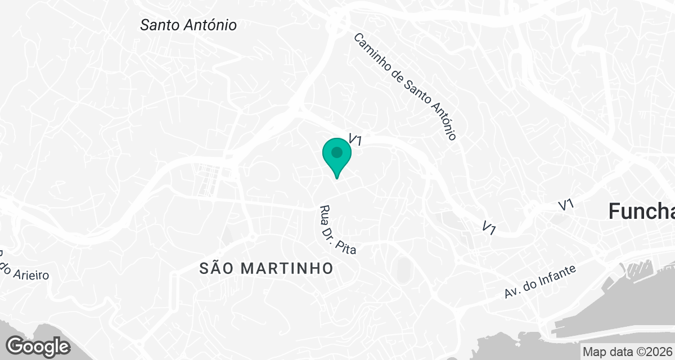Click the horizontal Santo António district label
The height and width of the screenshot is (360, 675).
pyautogui.click(x=188, y=25)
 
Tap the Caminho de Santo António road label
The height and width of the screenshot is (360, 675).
pyautogui.click(x=405, y=86)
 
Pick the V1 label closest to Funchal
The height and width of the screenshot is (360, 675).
pyautogui.click(x=566, y=205)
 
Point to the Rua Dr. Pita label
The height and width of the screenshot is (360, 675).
pyautogui.click(x=338, y=231)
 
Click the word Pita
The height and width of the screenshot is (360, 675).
pyautogui.click(x=348, y=246)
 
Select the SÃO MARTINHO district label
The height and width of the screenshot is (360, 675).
pyautogui.click(x=267, y=269)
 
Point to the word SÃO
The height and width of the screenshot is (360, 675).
pyautogui.click(x=214, y=269)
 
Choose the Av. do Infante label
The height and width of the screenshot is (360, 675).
pyautogui.click(x=541, y=282)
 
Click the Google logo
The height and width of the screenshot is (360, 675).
pyautogui.click(x=38, y=346)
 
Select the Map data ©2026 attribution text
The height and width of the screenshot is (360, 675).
pyautogui.click(x=627, y=352)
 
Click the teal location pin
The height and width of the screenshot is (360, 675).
pyautogui.click(x=337, y=157)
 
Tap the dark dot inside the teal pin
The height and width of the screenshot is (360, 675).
pyautogui.click(x=337, y=152)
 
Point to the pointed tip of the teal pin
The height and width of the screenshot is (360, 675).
pyautogui.click(x=337, y=178)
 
